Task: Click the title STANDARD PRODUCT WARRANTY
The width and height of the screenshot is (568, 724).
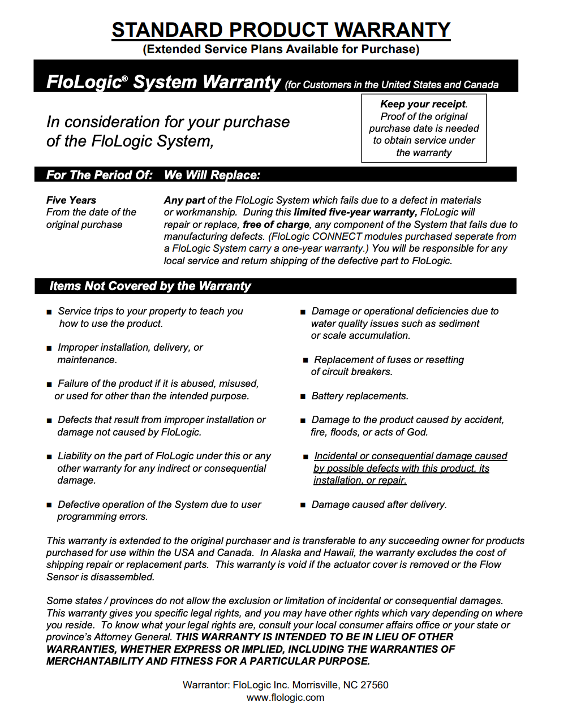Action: point(281,29)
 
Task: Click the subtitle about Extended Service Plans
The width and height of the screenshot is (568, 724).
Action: point(281,49)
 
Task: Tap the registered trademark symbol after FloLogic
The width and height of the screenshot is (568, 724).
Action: point(125,79)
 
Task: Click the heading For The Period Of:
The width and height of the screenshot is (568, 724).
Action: point(99,175)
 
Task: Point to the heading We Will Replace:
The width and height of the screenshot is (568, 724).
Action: point(212,175)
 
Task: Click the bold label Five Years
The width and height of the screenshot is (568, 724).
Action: point(71,200)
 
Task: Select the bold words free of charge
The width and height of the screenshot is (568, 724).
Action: point(276,225)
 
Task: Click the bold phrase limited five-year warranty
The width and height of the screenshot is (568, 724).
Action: point(355,212)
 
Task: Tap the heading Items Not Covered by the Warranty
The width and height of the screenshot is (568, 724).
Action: point(150,286)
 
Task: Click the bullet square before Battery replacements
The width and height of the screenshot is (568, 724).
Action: point(303,397)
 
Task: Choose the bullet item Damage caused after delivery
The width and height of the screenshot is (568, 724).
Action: point(379,505)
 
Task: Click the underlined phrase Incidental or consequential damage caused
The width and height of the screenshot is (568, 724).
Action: point(411,456)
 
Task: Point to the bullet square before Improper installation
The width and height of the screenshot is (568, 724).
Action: point(49,348)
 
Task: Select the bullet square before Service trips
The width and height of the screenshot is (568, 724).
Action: point(49,312)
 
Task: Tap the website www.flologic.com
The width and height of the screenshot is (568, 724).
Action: point(285,697)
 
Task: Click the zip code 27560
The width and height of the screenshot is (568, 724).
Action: point(375,685)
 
